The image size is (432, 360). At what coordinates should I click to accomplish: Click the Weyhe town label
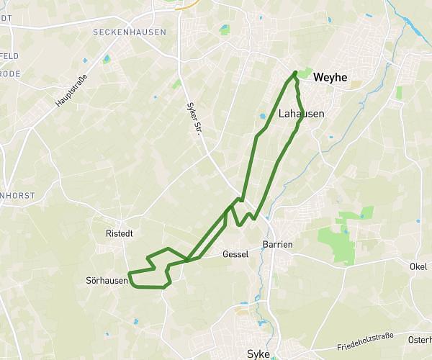click(x=330, y=78)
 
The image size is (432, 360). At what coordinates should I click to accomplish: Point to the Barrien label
click(x=277, y=245)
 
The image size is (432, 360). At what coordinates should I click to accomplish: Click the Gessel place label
click(x=235, y=254)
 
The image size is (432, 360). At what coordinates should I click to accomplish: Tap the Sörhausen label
click(x=106, y=280)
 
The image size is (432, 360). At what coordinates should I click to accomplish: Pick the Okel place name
click(x=418, y=266)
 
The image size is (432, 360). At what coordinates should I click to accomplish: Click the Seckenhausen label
click(x=130, y=32)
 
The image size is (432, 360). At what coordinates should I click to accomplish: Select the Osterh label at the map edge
click(x=419, y=340)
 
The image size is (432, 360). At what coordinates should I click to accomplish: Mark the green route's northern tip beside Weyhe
click(x=295, y=72)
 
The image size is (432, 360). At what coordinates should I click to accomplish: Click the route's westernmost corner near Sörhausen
click(x=128, y=273)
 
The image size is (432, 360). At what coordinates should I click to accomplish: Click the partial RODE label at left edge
click(x=9, y=73)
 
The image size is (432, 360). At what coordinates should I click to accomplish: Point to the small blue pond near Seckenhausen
click(x=107, y=58)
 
